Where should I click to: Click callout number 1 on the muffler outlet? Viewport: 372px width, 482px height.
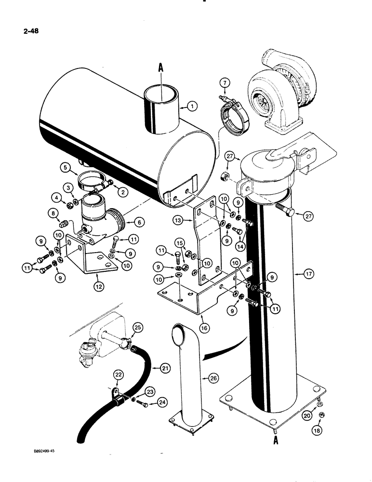(x=191, y=106)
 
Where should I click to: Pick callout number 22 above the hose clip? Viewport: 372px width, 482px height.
(x=118, y=375)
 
